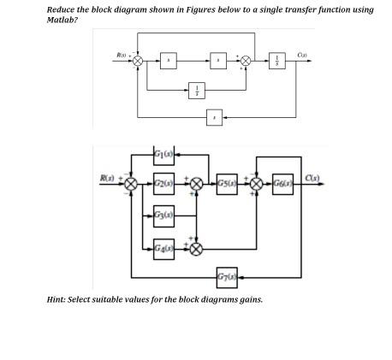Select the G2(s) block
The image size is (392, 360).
pos(165,183)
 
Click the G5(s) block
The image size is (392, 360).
pos(228,183)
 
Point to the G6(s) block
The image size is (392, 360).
pos(283,183)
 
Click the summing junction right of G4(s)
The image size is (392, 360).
pos(197,249)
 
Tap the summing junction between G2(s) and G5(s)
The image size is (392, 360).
pos(197,183)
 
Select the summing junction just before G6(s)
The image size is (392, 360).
pos(255,183)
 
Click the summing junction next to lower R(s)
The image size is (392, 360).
pos(131,183)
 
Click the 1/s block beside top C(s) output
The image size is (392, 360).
pos(276,61)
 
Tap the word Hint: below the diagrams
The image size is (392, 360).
pos(57,298)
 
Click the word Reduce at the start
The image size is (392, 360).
pos(62,9)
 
